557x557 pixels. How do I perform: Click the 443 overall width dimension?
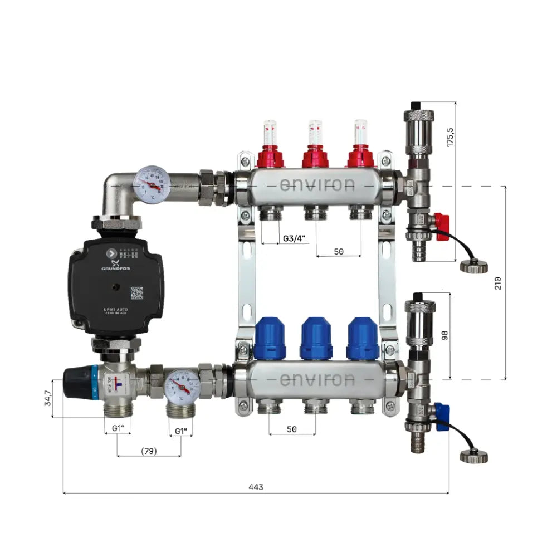coord(256,487)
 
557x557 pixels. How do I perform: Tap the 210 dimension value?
coord(498,282)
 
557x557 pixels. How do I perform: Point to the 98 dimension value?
coord(444,334)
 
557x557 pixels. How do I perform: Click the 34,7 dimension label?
coord(48,398)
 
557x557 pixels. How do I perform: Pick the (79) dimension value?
coord(149,451)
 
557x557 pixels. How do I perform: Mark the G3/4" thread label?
coord(294,238)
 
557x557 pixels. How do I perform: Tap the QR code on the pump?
coord(137,292)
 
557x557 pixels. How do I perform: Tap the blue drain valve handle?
coord(442,417)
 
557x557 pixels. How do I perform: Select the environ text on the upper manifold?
coord(316,185)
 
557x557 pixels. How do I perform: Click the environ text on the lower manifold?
coord(316,380)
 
